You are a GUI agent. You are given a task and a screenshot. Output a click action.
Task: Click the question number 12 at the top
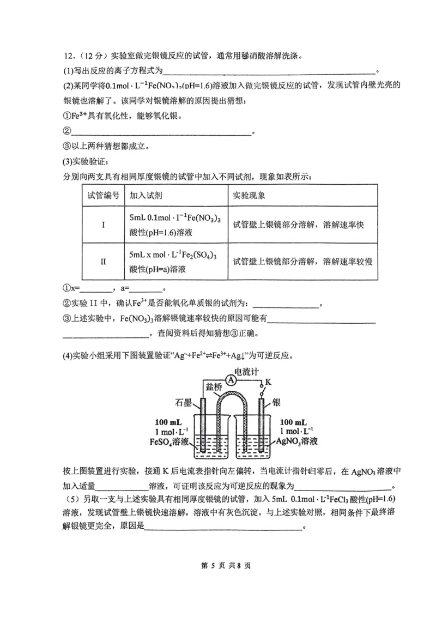pos(69,56)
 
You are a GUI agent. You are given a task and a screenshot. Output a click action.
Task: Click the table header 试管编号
pos(103,195)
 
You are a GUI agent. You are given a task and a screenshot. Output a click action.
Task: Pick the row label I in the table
pos(103,225)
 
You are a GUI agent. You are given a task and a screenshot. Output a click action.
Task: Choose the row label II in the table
pos(103,261)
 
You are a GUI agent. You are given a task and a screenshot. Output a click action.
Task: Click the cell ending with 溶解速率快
pos(298,225)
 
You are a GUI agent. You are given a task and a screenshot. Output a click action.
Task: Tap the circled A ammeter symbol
pos(231,381)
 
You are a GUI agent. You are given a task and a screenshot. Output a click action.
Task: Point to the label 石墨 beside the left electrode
pos(184,404)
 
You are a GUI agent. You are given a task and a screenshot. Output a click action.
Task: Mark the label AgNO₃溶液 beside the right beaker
pos(297,441)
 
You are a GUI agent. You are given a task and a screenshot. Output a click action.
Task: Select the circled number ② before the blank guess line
pos(67,131)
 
